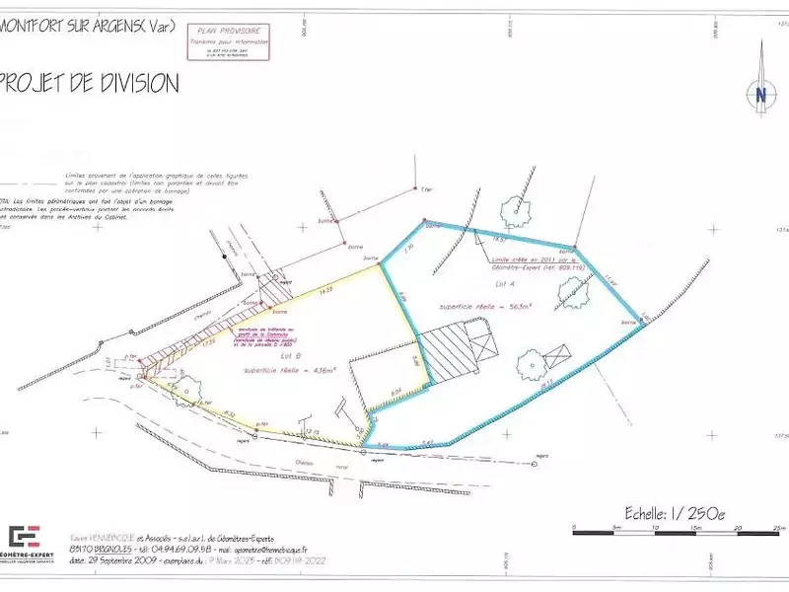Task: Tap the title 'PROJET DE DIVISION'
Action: tap(91, 83)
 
